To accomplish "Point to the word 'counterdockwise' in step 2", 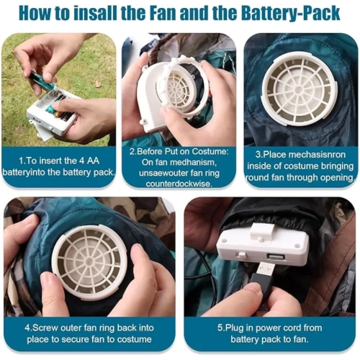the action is (179, 184).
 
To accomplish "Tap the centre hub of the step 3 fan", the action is (299, 90).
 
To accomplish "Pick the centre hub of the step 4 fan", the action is (90, 261).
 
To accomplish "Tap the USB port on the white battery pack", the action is (276, 257).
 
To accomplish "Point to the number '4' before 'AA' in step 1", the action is (82, 161).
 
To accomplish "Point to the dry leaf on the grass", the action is (97, 84).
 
